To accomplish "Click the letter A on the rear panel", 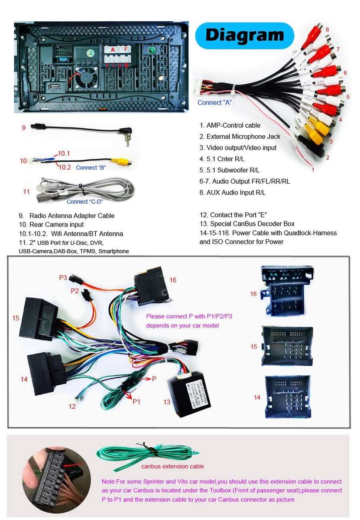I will [113, 50].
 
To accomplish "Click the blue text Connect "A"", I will [214, 103].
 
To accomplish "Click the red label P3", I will [63, 277].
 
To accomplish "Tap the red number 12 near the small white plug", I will [72, 406].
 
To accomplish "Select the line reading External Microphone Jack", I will [240, 136].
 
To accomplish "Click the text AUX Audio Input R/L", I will [233, 192].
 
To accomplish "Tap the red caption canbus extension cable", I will [172, 466].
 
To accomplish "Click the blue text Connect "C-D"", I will [85, 201].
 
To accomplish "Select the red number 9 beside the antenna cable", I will [24, 127].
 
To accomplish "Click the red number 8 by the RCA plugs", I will [327, 29].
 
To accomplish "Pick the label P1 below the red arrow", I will [136, 402].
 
